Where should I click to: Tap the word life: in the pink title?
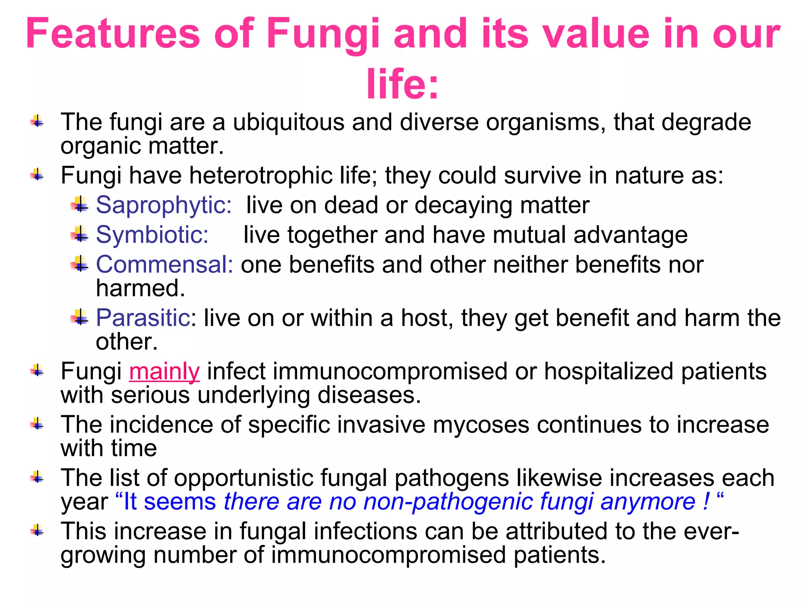click(x=402, y=84)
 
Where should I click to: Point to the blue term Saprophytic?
click(x=164, y=205)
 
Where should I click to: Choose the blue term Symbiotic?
click(x=152, y=235)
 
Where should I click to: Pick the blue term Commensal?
click(x=165, y=264)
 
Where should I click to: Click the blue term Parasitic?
click(x=143, y=318)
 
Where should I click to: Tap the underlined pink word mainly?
click(x=165, y=372)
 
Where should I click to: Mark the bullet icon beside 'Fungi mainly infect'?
click(x=38, y=370)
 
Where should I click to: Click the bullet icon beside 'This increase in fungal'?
click(x=38, y=531)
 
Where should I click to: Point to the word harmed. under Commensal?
click(x=140, y=288)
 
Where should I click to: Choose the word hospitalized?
click(x=609, y=372)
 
